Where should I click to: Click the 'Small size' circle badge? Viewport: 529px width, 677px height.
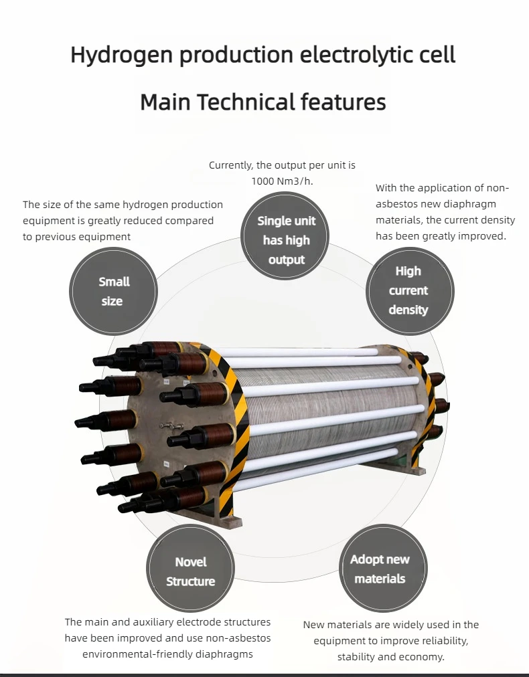pyautogui.click(x=113, y=292)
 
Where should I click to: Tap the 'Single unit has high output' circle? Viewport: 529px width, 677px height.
pyautogui.click(x=287, y=240)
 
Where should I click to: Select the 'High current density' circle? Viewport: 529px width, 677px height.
pyautogui.click(x=408, y=290)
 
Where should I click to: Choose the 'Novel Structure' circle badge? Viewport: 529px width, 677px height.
pyautogui.click(x=191, y=571)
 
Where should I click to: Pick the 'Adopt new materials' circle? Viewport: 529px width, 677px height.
pyautogui.click(x=380, y=569)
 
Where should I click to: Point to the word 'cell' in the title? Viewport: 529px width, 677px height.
pyautogui.click(x=436, y=55)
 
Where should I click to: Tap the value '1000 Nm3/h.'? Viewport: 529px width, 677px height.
pyautogui.click(x=282, y=181)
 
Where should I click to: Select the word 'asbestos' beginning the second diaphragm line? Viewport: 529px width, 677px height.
pyautogui.click(x=398, y=204)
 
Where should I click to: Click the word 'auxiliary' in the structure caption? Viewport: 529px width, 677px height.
pyautogui.click(x=139, y=622)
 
